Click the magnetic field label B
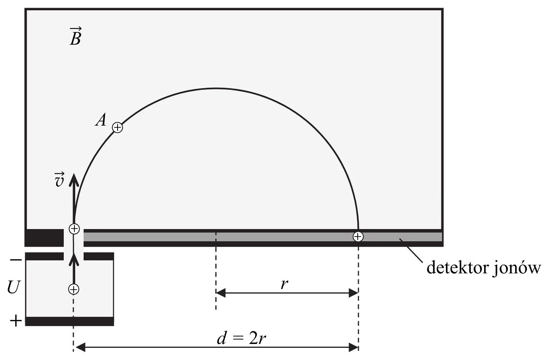click(x=76, y=37)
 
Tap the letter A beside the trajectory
click(x=101, y=120)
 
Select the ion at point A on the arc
click(x=118, y=128)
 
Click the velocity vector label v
click(x=59, y=180)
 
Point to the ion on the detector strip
click(x=358, y=237)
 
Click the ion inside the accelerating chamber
click(x=74, y=289)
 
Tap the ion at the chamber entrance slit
click(x=74, y=229)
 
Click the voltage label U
click(x=13, y=287)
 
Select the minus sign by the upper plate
click(x=16, y=260)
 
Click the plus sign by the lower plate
click(x=16, y=321)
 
